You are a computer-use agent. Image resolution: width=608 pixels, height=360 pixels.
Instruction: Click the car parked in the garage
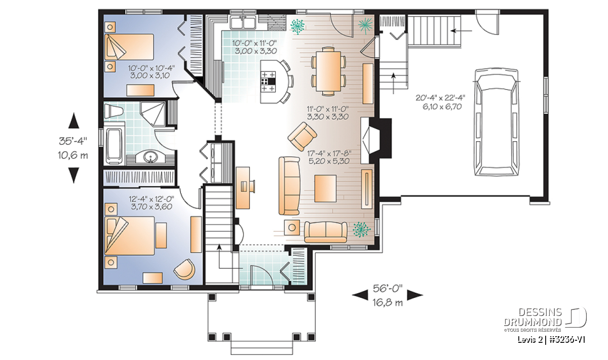(497, 122)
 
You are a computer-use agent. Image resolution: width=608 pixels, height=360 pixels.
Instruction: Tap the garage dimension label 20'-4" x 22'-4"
(440, 98)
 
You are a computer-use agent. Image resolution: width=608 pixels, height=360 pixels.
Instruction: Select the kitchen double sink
(243, 22)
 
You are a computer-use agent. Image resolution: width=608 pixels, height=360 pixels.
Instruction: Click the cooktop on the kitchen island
(268, 82)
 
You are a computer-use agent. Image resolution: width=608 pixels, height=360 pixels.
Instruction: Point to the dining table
(328, 71)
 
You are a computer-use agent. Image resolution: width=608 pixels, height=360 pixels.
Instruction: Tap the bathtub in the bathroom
(115, 146)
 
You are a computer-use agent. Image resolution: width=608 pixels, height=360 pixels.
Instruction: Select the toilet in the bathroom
(113, 111)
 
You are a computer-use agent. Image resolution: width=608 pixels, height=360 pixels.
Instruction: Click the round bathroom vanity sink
(150, 157)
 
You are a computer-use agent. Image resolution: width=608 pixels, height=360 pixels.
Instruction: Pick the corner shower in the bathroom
(152, 114)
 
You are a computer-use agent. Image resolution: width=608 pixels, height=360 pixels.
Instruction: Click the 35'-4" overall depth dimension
(73, 141)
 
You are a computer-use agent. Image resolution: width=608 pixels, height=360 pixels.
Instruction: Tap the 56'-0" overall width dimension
(387, 289)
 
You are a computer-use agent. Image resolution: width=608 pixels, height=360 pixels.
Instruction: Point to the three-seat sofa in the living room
(289, 186)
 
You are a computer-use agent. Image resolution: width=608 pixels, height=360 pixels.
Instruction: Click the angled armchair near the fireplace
(302, 137)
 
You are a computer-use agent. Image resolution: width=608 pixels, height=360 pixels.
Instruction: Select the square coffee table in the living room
(325, 188)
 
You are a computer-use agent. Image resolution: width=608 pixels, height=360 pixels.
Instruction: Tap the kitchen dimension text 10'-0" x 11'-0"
(254, 43)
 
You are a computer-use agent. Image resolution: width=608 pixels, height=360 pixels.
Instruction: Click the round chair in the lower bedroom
(184, 269)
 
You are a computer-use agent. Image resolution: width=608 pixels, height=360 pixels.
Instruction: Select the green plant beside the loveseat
(361, 229)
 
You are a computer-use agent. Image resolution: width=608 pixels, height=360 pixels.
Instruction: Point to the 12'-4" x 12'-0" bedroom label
(151, 199)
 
